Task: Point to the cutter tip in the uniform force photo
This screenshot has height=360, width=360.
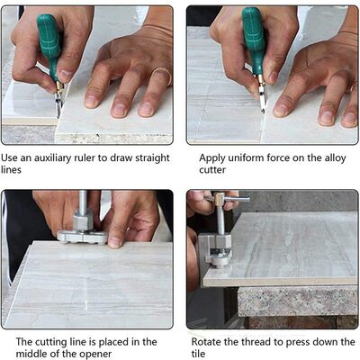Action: pos(262,103)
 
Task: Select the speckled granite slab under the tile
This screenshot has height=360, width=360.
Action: pos(297,301)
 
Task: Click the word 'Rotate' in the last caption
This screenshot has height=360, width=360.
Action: pos(209,342)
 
